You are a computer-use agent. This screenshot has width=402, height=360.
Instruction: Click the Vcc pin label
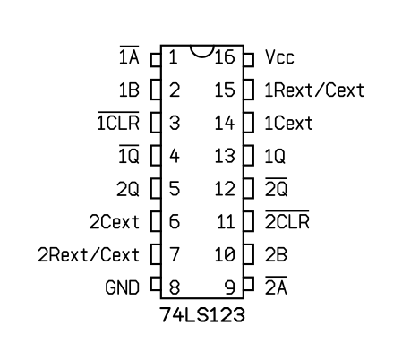(x=279, y=56)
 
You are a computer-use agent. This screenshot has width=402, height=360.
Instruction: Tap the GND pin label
(x=123, y=287)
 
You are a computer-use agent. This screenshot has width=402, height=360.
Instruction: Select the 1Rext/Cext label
(x=314, y=90)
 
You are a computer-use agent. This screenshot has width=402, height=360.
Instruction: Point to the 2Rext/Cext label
(x=89, y=254)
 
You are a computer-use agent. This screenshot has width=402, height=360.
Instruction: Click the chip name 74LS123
(x=202, y=314)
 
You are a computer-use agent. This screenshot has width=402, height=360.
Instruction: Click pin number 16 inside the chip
(x=225, y=56)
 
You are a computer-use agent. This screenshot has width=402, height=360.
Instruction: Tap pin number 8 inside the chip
(x=175, y=287)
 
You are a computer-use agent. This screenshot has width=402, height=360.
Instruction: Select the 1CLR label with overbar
(x=118, y=121)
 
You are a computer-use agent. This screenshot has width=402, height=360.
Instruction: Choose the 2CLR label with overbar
(x=287, y=219)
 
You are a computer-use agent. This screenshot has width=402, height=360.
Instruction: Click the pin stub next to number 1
(x=156, y=60)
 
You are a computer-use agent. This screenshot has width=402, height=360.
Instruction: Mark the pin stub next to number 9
(x=249, y=284)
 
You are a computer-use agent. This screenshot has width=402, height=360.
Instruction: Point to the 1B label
(x=129, y=90)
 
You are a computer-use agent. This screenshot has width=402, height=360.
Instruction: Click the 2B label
(x=276, y=254)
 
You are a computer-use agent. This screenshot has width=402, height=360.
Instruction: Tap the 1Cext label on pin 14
(x=288, y=123)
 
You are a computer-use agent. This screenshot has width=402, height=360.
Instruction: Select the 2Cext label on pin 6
(x=114, y=222)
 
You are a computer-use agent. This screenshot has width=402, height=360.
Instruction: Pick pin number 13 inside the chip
(x=225, y=156)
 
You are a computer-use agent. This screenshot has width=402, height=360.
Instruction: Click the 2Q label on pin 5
(x=128, y=189)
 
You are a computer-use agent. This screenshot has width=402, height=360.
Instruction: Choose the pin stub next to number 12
(x=249, y=188)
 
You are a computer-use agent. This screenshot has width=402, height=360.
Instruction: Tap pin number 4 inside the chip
(x=175, y=156)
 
